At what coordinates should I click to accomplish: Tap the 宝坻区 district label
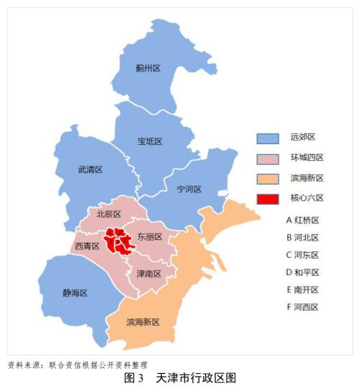150,141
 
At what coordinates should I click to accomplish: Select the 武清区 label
90,170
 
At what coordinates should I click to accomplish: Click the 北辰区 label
109,214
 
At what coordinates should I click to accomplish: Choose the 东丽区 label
150,236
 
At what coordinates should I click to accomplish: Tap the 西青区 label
86,246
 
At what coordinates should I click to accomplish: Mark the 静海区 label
74,293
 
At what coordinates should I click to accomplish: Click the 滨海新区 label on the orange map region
143,321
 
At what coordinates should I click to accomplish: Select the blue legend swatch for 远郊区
268,138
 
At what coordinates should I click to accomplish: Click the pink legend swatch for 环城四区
268,158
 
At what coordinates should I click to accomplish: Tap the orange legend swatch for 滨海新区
268,178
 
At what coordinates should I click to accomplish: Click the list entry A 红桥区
302,220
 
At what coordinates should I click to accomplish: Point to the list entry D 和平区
302,272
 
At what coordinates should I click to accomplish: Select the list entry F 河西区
302,307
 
